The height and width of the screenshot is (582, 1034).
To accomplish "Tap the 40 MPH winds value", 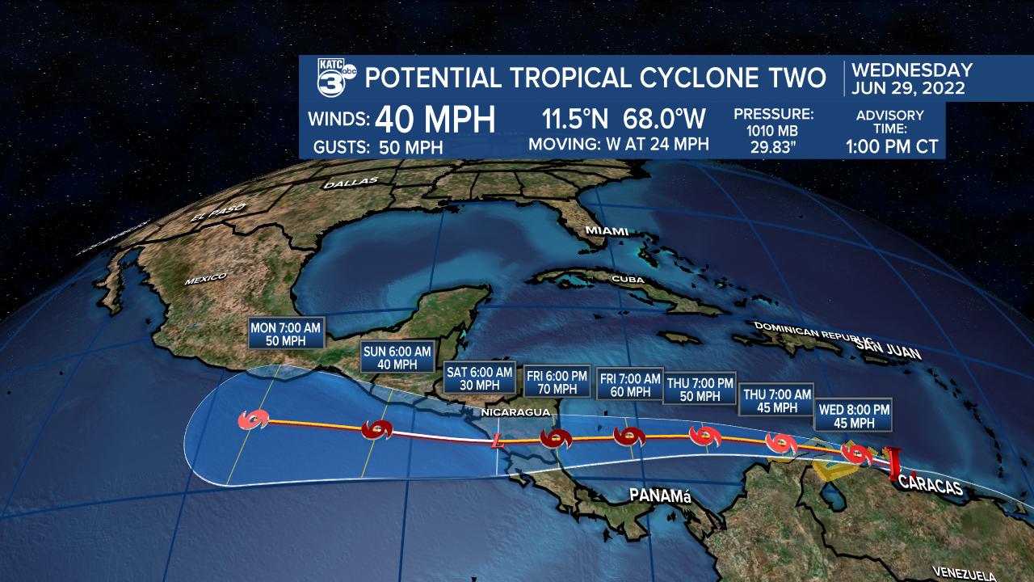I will click(435, 120).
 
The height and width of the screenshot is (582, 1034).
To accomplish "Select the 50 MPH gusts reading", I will click(409, 147).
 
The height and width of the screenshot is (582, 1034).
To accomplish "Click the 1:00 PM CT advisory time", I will click(893, 146).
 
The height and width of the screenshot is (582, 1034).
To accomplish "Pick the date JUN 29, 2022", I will click(909, 88).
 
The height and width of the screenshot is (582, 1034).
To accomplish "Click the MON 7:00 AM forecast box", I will click(286, 333).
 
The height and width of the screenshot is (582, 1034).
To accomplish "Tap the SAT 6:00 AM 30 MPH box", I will click(479, 378).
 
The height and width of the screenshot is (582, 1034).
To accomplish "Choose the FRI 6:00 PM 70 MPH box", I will click(556, 382).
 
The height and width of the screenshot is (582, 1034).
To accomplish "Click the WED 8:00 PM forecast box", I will click(854, 415).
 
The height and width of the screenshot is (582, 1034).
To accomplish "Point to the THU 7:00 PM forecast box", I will click(700, 390).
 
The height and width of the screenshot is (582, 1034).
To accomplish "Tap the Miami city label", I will click(607, 231).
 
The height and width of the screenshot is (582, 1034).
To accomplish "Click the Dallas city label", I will click(351, 183).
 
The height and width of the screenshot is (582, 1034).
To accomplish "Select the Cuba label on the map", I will click(629, 279).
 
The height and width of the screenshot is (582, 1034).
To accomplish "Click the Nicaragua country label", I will click(515, 412).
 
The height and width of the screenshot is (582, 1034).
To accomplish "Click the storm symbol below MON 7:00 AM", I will click(254, 420).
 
